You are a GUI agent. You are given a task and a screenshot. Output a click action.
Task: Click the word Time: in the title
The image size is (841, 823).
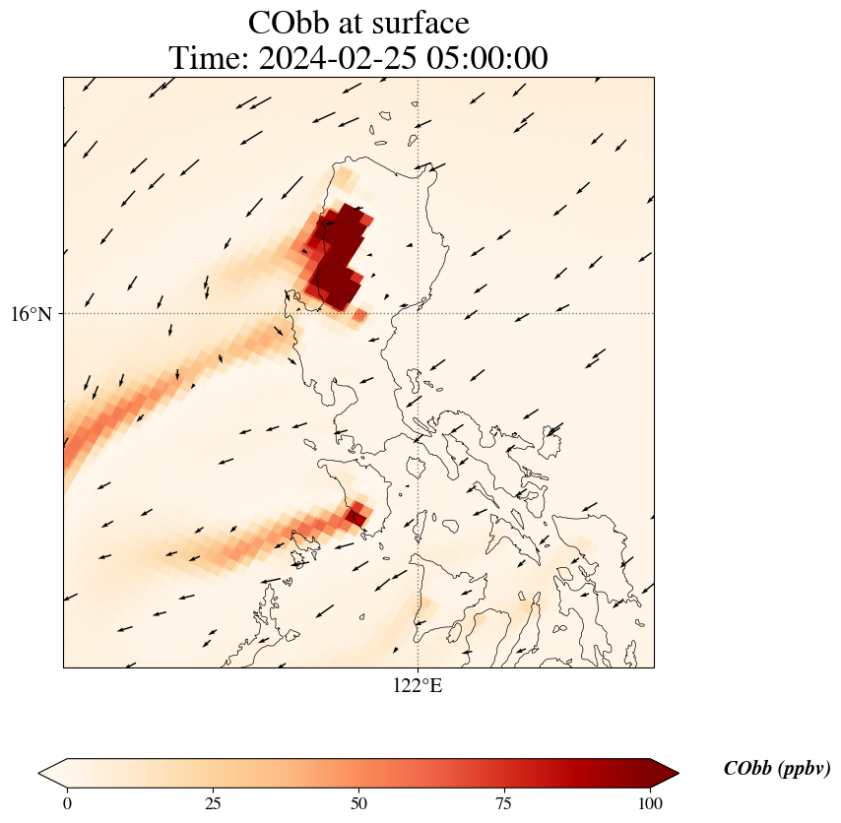(210, 58)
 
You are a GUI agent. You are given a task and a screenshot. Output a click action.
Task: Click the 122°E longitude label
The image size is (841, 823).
(418, 686)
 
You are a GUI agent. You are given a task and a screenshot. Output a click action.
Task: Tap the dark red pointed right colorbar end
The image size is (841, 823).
(665, 774)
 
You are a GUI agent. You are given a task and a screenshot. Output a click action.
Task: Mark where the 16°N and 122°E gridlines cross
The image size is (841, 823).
(418, 314)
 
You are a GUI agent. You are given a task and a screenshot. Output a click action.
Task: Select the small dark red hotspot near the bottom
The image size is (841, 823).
(355, 515)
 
